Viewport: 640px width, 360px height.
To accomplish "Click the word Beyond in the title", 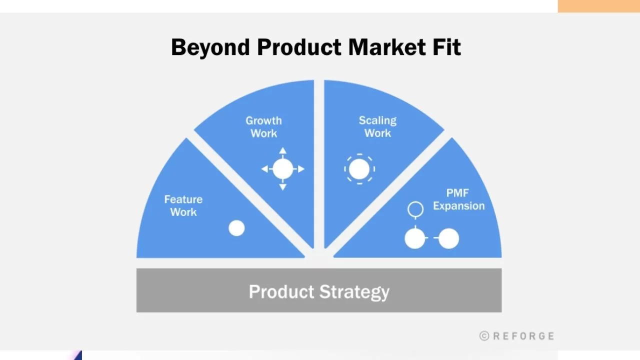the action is [210, 47].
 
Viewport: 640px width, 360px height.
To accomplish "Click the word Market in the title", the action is [387, 47].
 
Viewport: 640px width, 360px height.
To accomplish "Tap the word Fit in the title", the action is [446, 47].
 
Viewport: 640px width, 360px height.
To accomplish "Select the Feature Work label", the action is [183, 205].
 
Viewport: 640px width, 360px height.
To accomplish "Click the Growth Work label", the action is [263, 127].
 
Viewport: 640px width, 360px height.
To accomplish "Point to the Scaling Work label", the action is [377, 127].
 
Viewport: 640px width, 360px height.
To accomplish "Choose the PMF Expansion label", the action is [459, 199].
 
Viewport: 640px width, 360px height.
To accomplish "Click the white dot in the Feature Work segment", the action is [236, 228].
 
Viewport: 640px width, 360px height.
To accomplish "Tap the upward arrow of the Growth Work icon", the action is [283, 151].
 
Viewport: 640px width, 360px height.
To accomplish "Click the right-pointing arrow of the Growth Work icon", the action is [300, 169].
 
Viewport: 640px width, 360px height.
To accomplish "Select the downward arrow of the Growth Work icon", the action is [283, 187].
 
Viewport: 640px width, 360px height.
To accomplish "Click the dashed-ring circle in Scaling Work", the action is [359, 169].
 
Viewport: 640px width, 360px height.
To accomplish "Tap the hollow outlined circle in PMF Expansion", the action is [415, 201].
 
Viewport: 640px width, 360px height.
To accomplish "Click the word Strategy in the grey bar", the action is [354, 292].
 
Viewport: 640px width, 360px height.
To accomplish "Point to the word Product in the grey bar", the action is [281, 291].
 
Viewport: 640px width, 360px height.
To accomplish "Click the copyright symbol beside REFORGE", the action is [484, 336].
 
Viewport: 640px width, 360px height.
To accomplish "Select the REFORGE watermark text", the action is [523, 336].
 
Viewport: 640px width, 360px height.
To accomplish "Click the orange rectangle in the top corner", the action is [599, 6].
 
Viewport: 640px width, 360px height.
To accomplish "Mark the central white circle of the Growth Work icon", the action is [283, 169].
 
